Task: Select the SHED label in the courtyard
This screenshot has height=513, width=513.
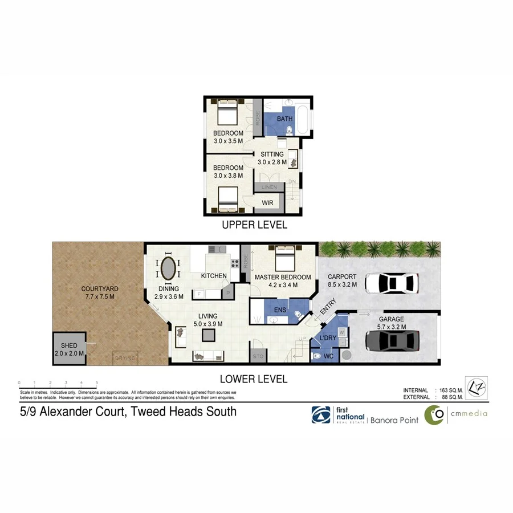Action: [x=69, y=346]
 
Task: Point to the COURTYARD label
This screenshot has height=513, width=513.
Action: [x=98, y=289]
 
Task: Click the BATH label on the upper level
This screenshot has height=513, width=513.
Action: [x=284, y=119]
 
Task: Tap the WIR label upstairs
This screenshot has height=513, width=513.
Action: [x=267, y=203]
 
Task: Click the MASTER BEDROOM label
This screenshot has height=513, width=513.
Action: [x=283, y=278]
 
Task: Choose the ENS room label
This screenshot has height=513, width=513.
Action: [x=280, y=309]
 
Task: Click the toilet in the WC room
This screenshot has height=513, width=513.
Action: [x=317, y=356]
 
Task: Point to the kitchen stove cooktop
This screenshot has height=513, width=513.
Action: [x=234, y=264]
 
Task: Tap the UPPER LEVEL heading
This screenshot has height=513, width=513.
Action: [x=254, y=225]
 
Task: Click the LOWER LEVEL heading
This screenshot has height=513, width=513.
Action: [x=254, y=379]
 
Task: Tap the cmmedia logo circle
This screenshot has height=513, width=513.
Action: [x=435, y=415]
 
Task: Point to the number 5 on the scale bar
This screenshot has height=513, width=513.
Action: [x=97, y=382]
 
